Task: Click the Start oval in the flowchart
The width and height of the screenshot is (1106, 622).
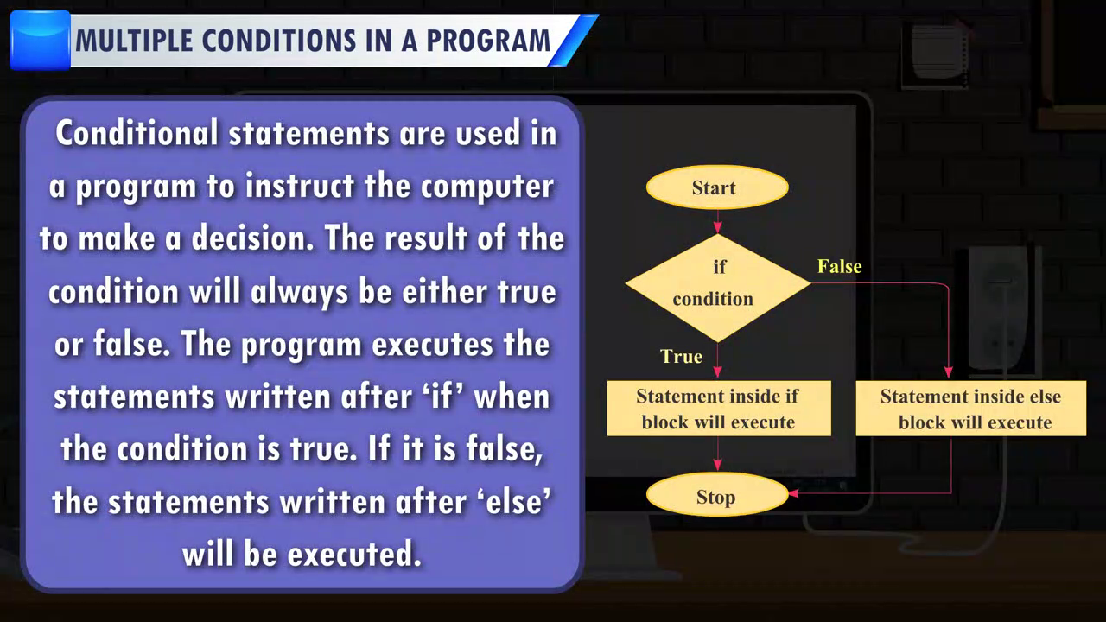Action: pos(717,187)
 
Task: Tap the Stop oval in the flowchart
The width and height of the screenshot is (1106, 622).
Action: pos(717,495)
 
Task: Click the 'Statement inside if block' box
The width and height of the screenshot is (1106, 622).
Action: pos(719,409)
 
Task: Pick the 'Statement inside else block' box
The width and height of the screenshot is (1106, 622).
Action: pos(970,409)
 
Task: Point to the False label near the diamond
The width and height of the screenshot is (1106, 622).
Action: pos(839,267)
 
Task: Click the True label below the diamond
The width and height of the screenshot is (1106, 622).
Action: pos(682,357)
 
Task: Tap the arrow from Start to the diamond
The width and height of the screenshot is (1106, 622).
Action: pos(717,221)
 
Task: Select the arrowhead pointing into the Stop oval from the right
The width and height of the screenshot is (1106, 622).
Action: pos(793,492)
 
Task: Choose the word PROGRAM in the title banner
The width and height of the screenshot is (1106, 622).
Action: pos(488,41)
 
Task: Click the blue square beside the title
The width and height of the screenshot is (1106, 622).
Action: pos(40,41)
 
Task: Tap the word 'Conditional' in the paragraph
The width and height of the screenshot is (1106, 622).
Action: pos(137,133)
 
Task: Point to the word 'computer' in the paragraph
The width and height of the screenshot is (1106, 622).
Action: pos(486,187)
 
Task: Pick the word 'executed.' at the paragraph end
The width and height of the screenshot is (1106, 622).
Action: pos(354,554)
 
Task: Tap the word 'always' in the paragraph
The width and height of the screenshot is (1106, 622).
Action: pos(299,292)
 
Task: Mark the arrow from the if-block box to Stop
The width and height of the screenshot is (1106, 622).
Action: pos(718,454)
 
